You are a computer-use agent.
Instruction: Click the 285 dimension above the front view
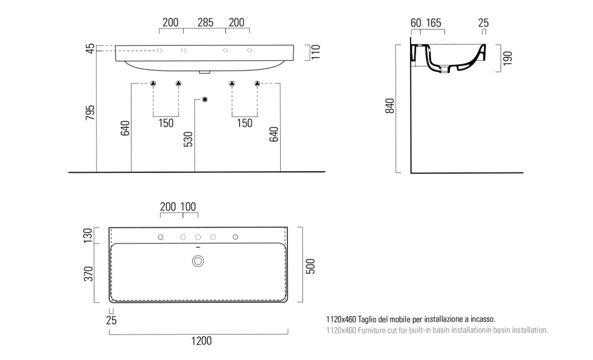click(x=206, y=23)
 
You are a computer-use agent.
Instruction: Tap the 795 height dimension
click(x=90, y=113)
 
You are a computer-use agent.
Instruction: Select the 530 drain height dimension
click(x=188, y=139)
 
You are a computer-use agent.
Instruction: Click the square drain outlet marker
click(x=204, y=100)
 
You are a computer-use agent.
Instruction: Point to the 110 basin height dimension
click(x=316, y=52)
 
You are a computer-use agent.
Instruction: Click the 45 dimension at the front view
click(x=90, y=49)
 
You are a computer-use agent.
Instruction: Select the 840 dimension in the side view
click(x=390, y=106)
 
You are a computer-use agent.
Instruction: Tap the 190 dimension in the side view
click(x=507, y=58)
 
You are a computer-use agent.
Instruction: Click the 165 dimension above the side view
click(x=433, y=23)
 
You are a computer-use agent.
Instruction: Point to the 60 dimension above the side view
click(x=416, y=23)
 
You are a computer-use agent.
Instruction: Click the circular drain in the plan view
click(x=198, y=261)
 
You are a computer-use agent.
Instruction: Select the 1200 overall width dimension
click(x=202, y=341)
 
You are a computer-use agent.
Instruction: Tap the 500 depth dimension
click(x=310, y=266)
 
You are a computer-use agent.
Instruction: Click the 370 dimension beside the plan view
click(x=88, y=274)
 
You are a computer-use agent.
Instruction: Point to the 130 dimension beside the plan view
click(x=88, y=236)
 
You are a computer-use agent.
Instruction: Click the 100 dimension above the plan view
click(x=188, y=207)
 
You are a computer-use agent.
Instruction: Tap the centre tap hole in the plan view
click(x=198, y=237)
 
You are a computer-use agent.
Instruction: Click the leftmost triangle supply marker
click(x=153, y=83)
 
